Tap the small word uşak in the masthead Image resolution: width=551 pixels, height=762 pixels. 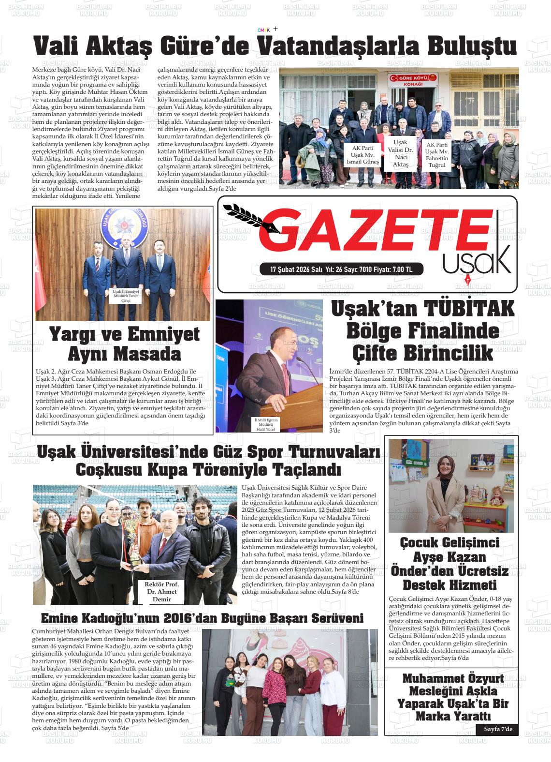476,261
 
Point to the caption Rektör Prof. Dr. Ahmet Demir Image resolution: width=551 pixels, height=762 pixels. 161,592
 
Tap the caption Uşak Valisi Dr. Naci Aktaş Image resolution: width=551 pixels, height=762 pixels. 401,153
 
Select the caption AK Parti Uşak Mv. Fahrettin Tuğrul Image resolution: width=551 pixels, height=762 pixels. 436,155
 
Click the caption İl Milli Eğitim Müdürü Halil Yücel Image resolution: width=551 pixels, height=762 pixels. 265,424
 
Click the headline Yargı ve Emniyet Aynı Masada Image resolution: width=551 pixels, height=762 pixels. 124,344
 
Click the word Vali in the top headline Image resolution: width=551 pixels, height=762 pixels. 57,46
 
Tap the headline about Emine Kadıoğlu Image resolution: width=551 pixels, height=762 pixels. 202,618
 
